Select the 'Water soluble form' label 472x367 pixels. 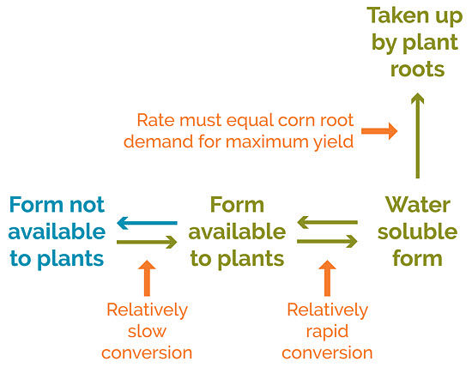pos(417,231)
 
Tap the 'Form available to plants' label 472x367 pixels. pos(237,231)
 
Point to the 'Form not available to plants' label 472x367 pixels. pos(57,231)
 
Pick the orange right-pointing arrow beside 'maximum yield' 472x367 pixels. pos(378,131)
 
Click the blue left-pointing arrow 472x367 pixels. pos(147,224)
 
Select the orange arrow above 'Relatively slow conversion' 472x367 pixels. pos(147,276)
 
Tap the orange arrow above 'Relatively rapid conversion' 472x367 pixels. pos(327,276)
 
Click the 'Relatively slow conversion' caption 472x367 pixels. pos(148,330)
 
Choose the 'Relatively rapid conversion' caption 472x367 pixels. pos(327,330)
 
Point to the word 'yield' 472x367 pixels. pos(335,141)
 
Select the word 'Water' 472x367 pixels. pos(417,205)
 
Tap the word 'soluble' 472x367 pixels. pos(417,232)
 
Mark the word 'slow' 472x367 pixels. pos(148,330)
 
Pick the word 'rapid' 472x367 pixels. pos(327,330)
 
